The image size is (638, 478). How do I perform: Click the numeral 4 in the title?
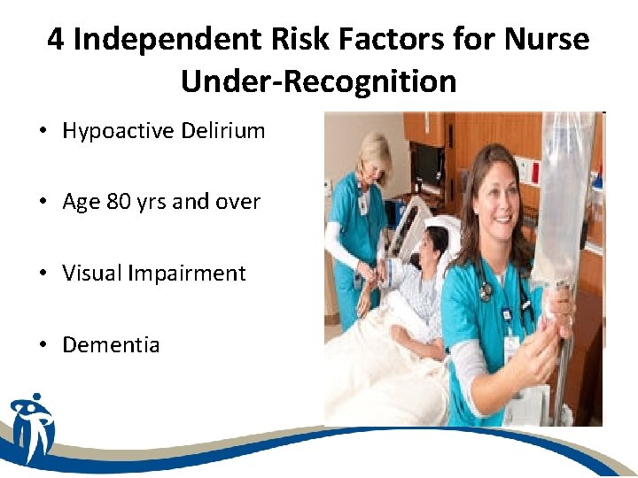coord(56,41)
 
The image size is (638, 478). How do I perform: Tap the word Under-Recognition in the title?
coord(318,81)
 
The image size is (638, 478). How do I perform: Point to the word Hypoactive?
coord(119,132)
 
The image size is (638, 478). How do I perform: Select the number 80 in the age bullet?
coord(118,202)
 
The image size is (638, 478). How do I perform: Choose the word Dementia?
coord(111,344)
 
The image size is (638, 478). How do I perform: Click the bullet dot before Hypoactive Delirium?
coord(43,132)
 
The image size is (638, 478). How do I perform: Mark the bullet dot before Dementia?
coord(43,345)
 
